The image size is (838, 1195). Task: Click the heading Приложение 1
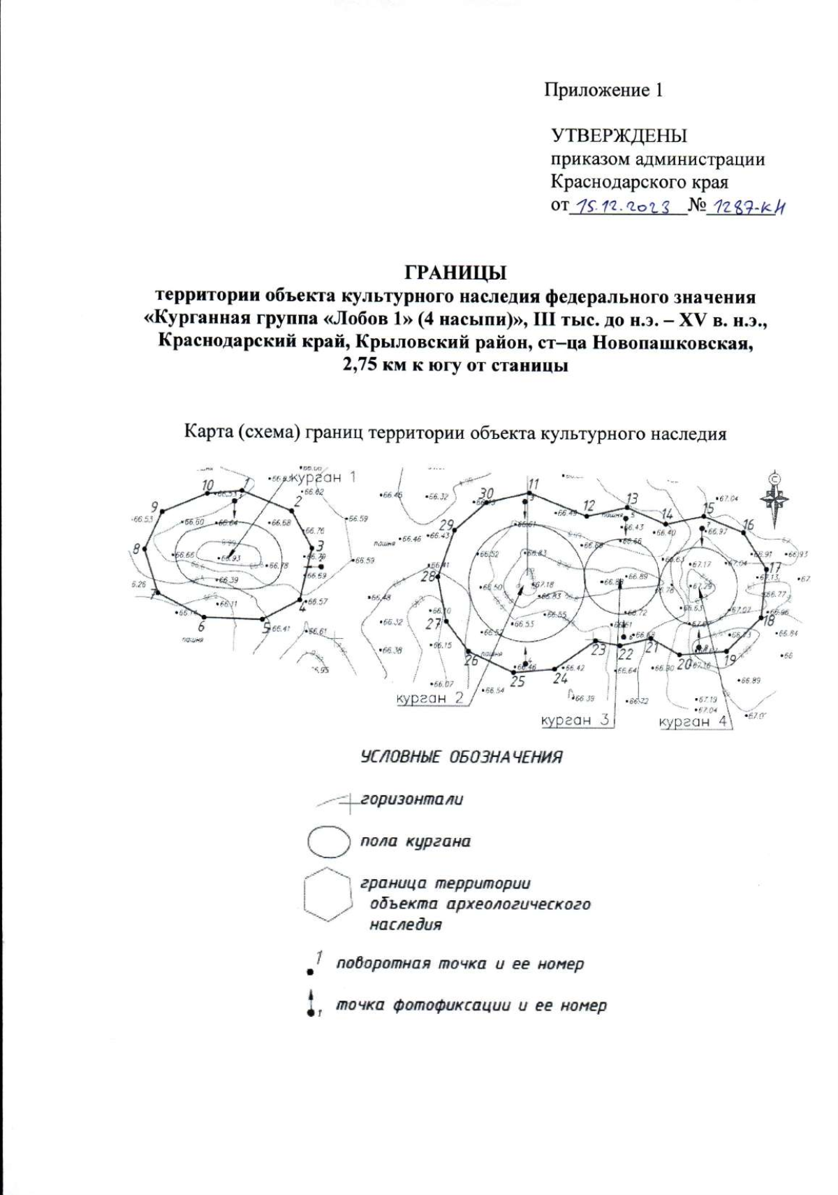coord(603,90)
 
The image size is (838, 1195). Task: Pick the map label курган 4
coord(694,722)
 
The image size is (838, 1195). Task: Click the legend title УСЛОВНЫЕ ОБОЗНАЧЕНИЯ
coord(461,758)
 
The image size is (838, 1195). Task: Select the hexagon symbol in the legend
coord(327,895)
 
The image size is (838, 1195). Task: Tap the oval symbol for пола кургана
coord(328,841)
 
